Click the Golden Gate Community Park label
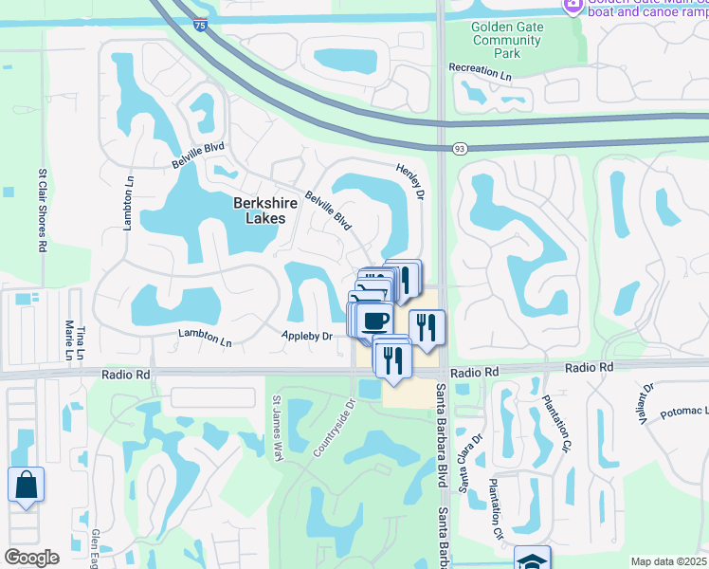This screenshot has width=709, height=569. (507, 41)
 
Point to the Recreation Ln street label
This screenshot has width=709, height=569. (480, 70)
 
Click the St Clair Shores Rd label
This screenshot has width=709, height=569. (42, 211)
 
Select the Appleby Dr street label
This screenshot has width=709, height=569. (307, 337)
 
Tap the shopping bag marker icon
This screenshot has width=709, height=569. (26, 485)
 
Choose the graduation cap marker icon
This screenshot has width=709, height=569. (533, 560)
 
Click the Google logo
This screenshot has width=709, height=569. (31, 558)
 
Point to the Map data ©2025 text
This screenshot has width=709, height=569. (669, 561)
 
